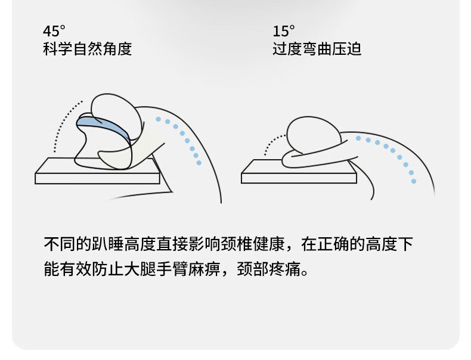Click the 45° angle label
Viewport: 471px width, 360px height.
[54, 31]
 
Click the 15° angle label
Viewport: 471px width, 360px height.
[284, 31]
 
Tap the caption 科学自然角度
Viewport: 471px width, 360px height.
[88, 49]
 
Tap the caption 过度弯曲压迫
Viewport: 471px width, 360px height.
[317, 49]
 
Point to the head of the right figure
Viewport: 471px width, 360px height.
[314, 135]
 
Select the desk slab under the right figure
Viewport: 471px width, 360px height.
[299, 175]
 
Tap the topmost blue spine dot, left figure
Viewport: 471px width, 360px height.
[159, 119]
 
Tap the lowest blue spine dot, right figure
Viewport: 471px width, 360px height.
[414, 181]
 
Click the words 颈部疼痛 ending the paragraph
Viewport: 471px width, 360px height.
[269, 269]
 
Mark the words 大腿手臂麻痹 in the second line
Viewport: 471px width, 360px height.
[172, 269]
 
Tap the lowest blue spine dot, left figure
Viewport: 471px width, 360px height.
[199, 163]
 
